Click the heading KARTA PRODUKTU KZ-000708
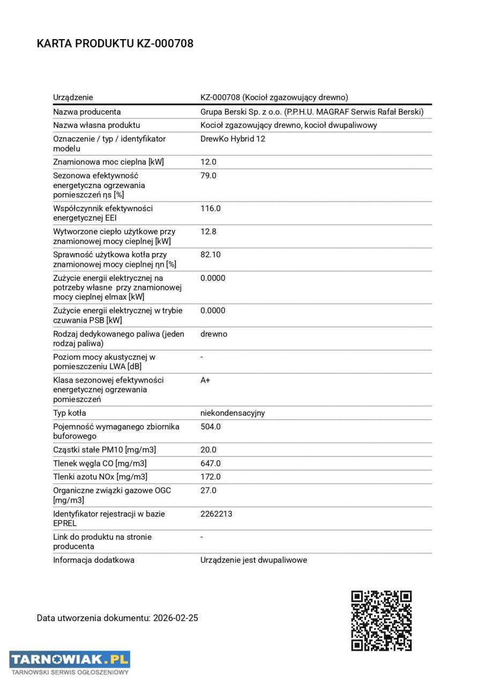(115, 44)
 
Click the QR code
(381, 620)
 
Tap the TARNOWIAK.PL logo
(70, 662)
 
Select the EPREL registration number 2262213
(216, 514)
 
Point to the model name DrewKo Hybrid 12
(233, 139)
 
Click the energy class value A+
(205, 380)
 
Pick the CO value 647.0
(210, 464)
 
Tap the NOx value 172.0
(210, 477)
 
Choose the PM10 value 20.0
(208, 450)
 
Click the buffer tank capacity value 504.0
(210, 427)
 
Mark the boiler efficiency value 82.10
(210, 255)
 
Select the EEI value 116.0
(210, 208)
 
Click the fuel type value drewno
(214, 334)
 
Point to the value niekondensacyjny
(233, 413)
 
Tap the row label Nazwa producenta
(87, 112)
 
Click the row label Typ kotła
(69, 413)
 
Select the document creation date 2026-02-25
(175, 618)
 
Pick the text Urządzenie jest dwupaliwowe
(253, 560)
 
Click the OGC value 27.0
(208, 490)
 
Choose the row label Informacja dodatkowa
(94, 560)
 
